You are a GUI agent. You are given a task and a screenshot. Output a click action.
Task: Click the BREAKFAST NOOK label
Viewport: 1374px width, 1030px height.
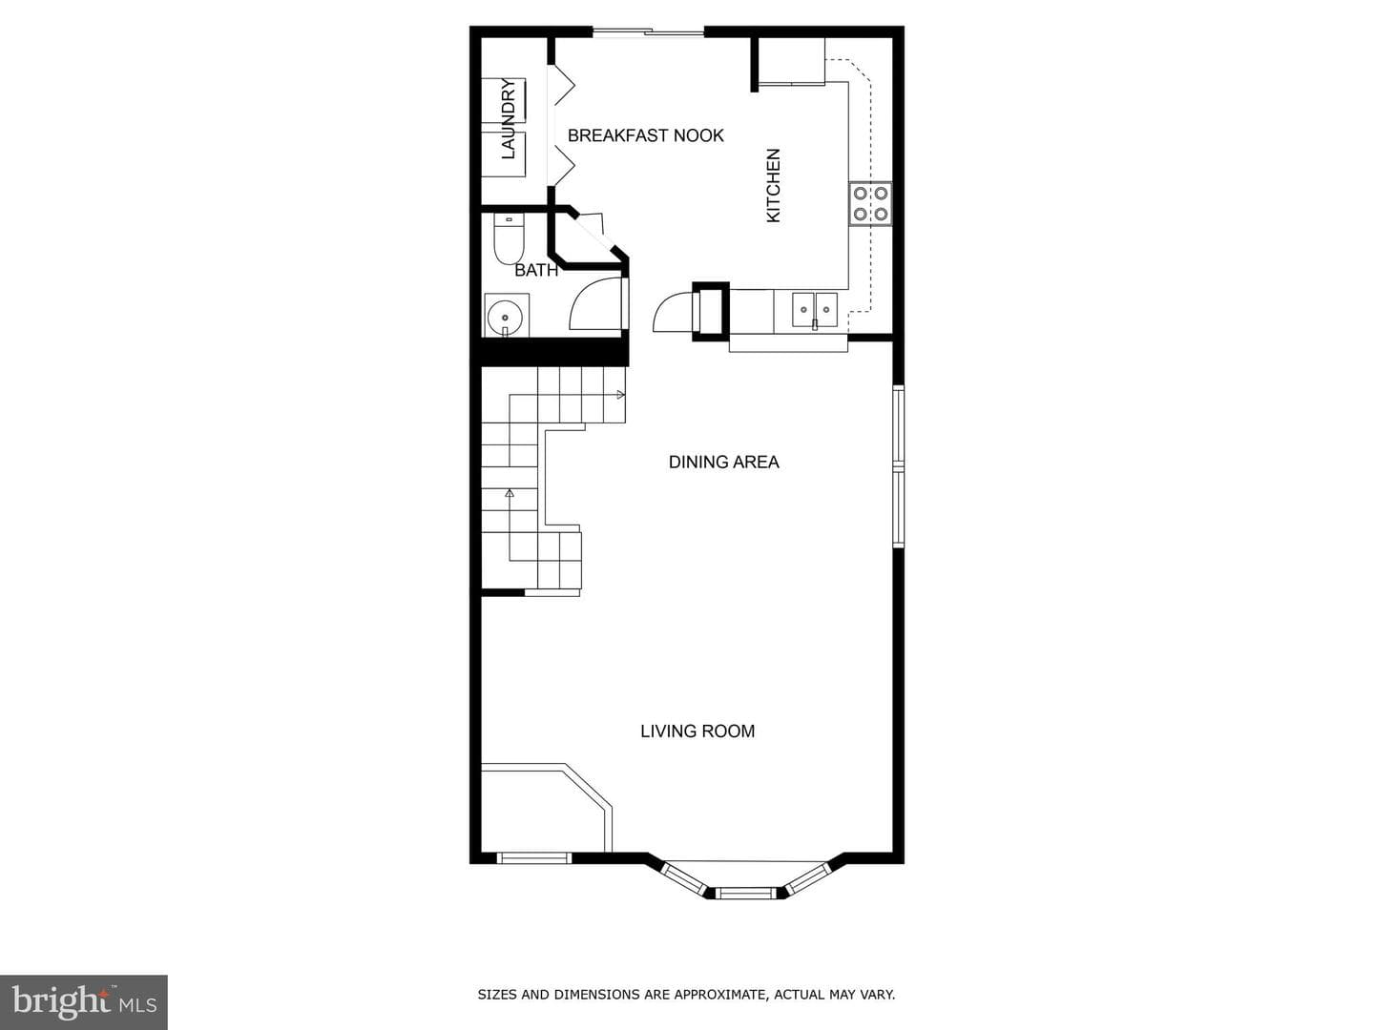pos(645,135)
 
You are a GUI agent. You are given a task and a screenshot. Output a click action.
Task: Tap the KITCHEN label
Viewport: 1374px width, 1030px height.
pos(774,185)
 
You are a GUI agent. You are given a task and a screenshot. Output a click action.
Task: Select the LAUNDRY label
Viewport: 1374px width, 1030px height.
pos(509,119)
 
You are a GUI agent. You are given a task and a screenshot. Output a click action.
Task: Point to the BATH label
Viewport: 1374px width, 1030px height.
pos(536,270)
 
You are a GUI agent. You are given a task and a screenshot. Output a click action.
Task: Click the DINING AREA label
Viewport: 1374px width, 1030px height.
pos(723,463)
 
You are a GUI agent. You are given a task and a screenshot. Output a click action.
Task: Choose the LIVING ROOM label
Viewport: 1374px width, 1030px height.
pos(697,731)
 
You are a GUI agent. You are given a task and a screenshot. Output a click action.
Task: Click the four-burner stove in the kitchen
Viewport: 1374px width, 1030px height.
pos(870,203)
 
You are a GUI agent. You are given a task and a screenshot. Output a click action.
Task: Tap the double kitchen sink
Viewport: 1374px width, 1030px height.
pos(815,310)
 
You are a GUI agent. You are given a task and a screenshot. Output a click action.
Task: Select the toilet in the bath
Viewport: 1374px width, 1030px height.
pos(509,238)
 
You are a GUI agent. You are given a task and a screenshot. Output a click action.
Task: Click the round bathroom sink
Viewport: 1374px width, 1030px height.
pos(506,317)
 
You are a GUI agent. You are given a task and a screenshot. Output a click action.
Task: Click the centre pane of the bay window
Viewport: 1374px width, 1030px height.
pos(745,893)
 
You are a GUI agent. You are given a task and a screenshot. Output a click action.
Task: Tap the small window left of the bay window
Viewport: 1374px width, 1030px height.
pos(534,858)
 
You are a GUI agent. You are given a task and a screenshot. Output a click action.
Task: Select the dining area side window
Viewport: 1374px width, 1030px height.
pos(898,467)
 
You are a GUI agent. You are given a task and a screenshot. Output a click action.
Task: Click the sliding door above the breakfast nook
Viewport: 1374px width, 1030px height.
pos(649,31)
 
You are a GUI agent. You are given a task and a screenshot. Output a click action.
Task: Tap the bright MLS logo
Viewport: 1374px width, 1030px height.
pos(84,1002)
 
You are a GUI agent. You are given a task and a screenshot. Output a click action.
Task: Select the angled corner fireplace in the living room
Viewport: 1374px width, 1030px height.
pos(546,808)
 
